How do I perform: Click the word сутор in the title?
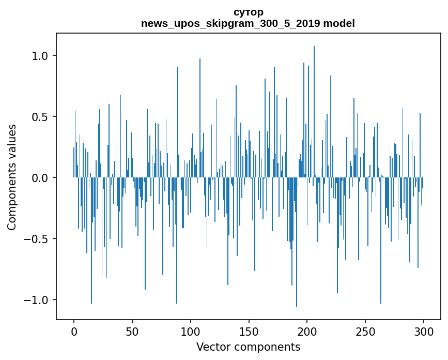coord(248,12)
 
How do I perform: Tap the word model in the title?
coord(339,23)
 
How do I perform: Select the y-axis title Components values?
coord(11,177)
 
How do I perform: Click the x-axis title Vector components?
coord(248,347)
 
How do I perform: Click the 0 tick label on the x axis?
coord(74,331)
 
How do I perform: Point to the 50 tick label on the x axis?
coord(132,331)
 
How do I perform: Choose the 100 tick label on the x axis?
coord(191,331)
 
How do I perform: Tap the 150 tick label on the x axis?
coord(249,331)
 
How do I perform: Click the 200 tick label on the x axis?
coord(307,331)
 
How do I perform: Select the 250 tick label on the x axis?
coord(365,331)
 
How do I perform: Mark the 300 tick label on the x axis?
coord(424,331)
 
